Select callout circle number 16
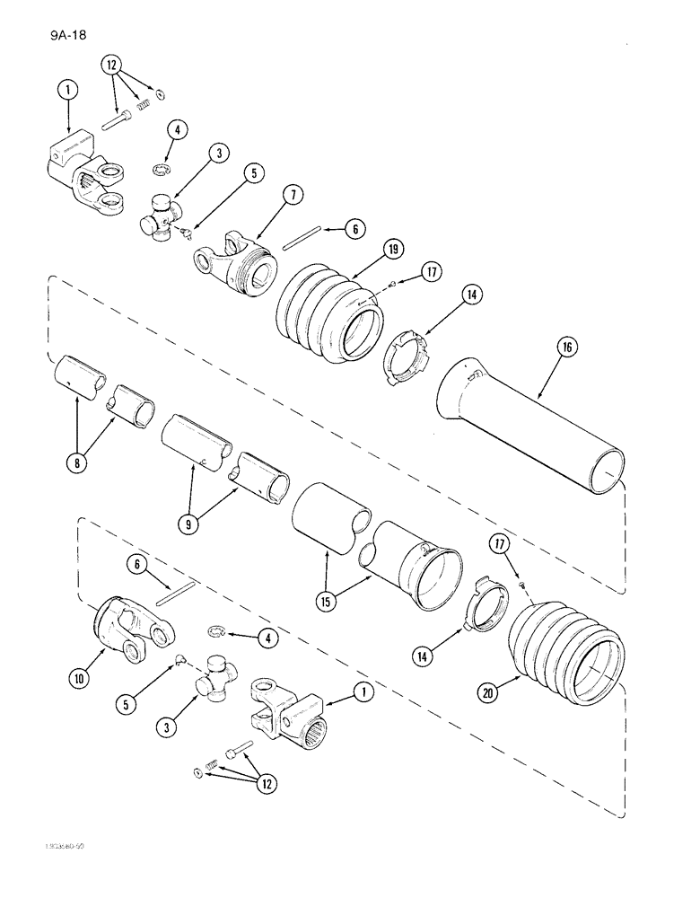coord(547,347)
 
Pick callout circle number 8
coord(76,463)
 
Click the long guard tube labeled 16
coord(529,431)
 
